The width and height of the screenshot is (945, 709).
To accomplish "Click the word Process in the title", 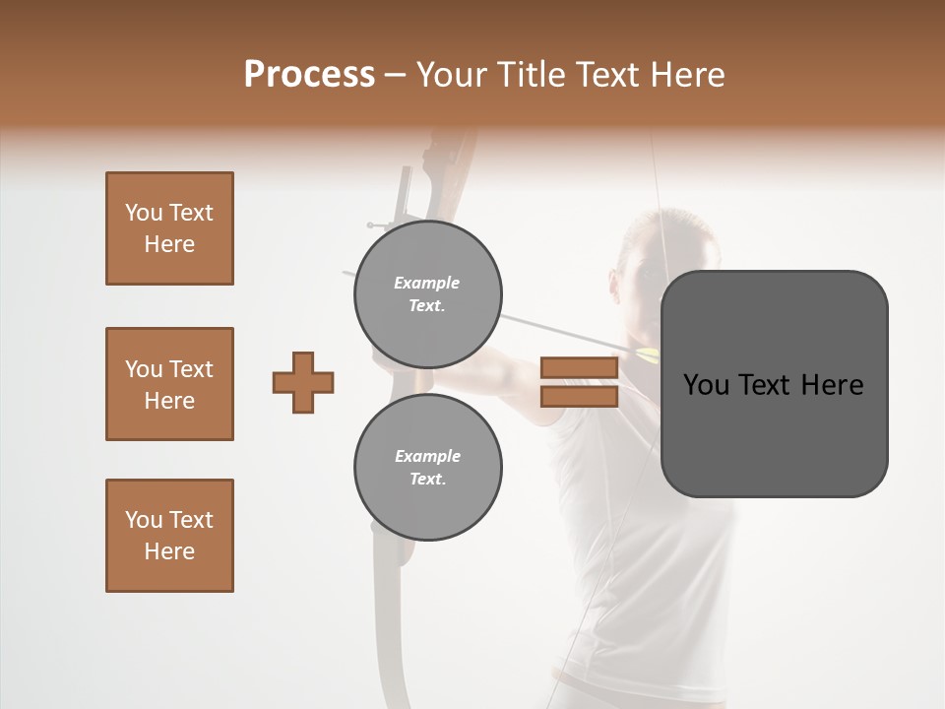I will [x=309, y=74].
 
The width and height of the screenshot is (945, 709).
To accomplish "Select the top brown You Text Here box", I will [x=169, y=228].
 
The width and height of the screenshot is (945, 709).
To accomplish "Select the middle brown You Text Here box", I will [x=169, y=384].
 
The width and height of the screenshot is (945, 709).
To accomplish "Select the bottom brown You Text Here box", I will [x=169, y=536].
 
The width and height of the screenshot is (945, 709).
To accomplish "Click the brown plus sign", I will [x=303, y=382].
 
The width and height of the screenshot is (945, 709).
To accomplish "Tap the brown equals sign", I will [x=579, y=382].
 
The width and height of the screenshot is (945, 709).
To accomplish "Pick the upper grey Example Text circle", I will [x=427, y=293].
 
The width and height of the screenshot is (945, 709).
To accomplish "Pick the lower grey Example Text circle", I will [x=427, y=467].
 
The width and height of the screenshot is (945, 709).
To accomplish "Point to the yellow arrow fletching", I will [x=648, y=355].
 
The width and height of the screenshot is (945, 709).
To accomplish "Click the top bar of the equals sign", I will [x=579, y=368].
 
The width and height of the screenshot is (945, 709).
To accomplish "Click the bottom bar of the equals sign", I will [x=579, y=396].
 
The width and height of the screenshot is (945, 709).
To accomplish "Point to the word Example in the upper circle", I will [x=427, y=283].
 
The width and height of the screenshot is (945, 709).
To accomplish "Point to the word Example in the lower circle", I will [x=427, y=456].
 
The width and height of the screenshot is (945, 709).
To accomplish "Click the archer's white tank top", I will [x=640, y=551].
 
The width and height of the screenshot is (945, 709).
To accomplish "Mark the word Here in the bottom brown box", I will [x=169, y=551].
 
